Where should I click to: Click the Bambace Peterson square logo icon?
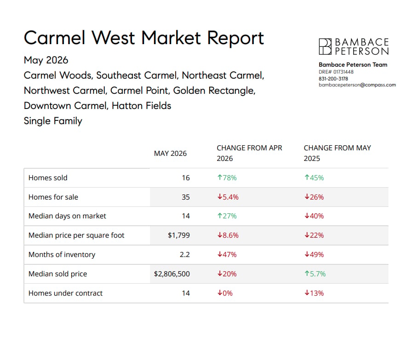(x=325, y=46)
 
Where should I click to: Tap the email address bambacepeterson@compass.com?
(x=357, y=85)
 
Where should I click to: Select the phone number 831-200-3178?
(x=333, y=79)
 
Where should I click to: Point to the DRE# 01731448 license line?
(x=336, y=72)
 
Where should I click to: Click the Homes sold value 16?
(x=186, y=178)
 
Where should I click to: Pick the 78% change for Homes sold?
(x=227, y=178)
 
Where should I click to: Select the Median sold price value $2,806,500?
(x=172, y=274)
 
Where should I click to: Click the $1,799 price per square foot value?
(x=179, y=235)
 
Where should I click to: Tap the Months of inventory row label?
(x=62, y=255)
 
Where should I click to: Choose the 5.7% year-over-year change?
(x=315, y=274)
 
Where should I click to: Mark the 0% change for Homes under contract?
(x=225, y=293)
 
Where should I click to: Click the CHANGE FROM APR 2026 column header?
(x=249, y=153)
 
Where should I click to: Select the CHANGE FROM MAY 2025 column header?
(x=338, y=153)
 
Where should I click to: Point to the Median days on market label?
(x=67, y=216)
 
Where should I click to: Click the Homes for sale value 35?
(x=186, y=197)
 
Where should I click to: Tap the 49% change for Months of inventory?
(x=314, y=255)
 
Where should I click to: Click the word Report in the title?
(x=235, y=38)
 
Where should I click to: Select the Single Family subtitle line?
(x=53, y=121)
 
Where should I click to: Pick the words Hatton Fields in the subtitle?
(x=141, y=106)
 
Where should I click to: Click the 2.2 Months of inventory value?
(x=185, y=255)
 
